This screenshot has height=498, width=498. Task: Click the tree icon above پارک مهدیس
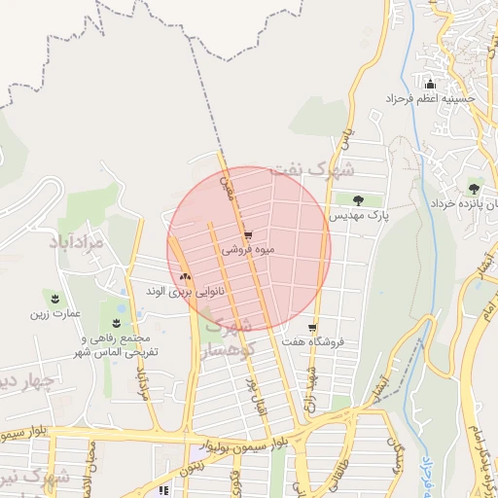pos(359,199)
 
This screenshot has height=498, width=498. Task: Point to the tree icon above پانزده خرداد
pos(474,188)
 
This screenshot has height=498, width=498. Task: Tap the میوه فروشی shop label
pos(249,250)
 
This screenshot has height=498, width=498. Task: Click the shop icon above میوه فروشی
pos(250,235)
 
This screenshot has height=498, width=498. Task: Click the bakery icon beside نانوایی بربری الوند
pos(185,277)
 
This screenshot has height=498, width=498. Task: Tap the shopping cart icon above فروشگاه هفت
pos(311,328)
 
